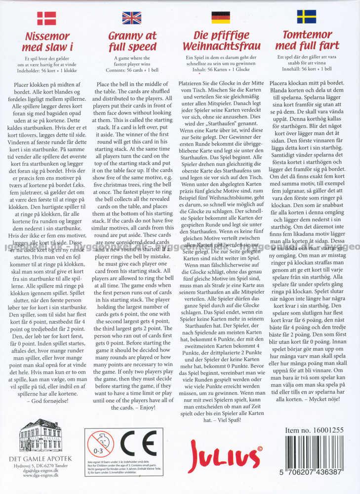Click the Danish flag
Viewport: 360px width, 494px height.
pos(46,18)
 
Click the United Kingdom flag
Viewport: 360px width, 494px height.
pos(132,18)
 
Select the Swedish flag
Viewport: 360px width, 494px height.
pos(306,17)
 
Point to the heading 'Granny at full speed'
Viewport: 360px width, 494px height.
pos(132,41)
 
